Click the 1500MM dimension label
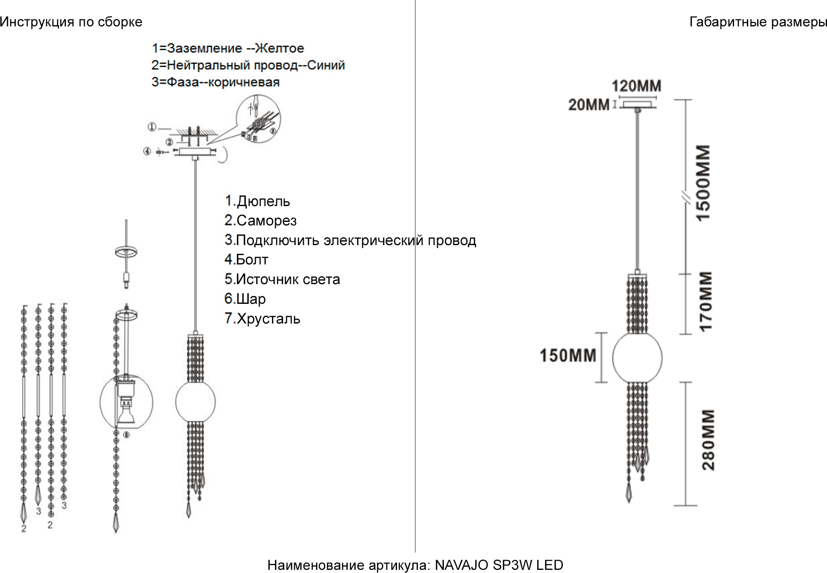click(704, 182)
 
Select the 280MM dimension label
click(708, 439)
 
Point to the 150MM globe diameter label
click(568, 355)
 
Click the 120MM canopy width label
click(636, 86)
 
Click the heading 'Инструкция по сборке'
click(71, 22)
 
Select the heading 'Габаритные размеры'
click(758, 22)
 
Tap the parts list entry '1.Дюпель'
click(257, 201)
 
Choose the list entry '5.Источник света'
click(282, 279)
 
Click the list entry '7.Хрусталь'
click(262, 318)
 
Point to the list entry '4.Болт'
click(246, 260)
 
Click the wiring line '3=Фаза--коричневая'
click(215, 82)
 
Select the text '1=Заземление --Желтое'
click(228, 48)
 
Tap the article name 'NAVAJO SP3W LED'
click(499, 565)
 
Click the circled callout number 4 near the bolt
click(147, 151)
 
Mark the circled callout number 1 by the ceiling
click(152, 127)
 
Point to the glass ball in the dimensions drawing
click(637, 358)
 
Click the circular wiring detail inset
click(259, 118)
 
